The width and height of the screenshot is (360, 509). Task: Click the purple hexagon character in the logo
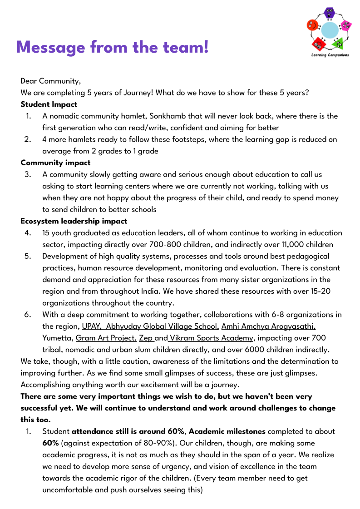329,14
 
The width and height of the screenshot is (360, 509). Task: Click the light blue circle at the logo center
330,30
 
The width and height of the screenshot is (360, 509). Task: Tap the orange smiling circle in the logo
312,25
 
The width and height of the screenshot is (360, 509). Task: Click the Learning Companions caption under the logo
330,55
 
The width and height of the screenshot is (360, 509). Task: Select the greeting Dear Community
50,81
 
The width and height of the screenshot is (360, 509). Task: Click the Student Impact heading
49,104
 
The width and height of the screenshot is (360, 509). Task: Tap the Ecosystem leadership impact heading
74,221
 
